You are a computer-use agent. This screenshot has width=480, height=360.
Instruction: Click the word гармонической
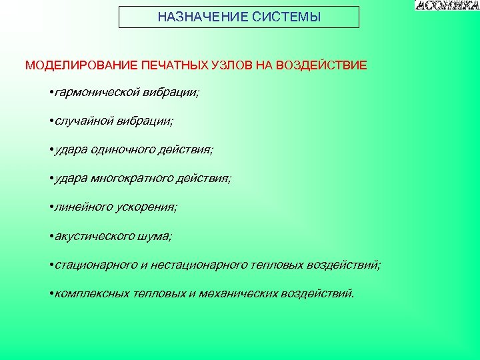pyautogui.click(x=99, y=93)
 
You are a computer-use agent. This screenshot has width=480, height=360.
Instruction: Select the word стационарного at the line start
pyautogui.click(x=96, y=265)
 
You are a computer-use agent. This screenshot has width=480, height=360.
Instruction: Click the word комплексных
pyautogui.click(x=92, y=293)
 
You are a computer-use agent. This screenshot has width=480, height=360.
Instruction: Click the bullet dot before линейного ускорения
pyautogui.click(x=51, y=207)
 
